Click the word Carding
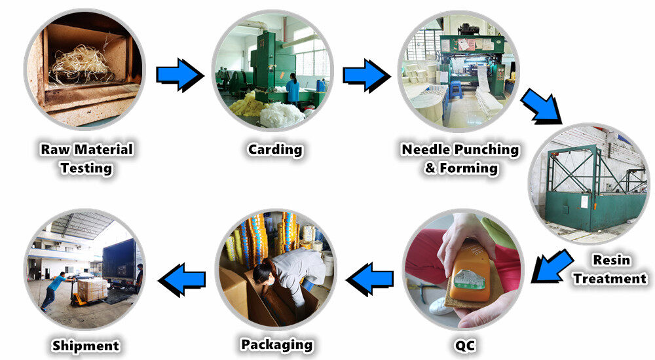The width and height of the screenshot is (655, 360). [x=275, y=150]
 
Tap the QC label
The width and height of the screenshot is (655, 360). [x=464, y=346]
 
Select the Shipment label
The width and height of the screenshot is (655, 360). [x=86, y=346]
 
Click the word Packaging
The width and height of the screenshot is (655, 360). [x=277, y=345]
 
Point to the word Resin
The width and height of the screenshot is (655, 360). [x=611, y=260]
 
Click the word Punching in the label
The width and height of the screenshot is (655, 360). [x=487, y=150]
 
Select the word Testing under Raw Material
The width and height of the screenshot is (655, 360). [x=86, y=168]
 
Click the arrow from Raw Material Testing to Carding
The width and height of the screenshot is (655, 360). [x=180, y=75]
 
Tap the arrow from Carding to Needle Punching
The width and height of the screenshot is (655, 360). [x=367, y=75]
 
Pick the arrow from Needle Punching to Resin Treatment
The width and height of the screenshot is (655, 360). [x=542, y=106]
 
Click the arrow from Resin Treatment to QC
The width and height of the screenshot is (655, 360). [x=552, y=266]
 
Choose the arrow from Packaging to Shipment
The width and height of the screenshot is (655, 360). [x=181, y=279]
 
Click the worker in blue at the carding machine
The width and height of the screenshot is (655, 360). [x=292, y=88]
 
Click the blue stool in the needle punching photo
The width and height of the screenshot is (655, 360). [x=456, y=90]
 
